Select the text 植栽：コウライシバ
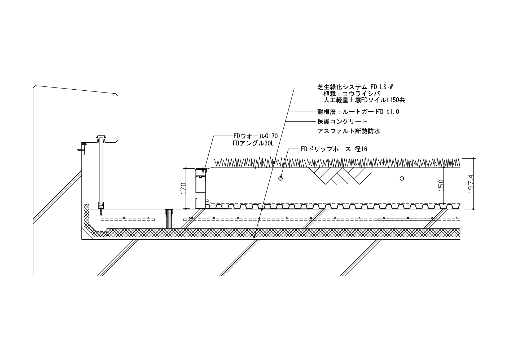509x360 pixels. (x=352, y=94)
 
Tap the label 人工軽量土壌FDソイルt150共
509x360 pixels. (x=364, y=100)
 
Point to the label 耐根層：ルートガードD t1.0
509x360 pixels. (x=358, y=112)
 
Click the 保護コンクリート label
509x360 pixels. (x=342, y=121)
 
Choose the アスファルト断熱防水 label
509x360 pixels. (x=349, y=131)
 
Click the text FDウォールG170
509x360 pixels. (x=255, y=136)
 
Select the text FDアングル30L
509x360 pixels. (x=253, y=143)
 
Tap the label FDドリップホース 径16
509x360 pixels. (x=334, y=149)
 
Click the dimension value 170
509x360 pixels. (x=183, y=188)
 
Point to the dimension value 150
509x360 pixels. (x=441, y=186)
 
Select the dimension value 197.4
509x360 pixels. (x=471, y=184)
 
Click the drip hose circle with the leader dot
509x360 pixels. (x=280, y=178)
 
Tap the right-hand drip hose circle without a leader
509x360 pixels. (x=402, y=178)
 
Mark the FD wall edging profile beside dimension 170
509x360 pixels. (x=200, y=188)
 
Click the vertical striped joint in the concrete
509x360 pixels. (x=169, y=218)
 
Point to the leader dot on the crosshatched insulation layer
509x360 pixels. (x=254, y=237)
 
